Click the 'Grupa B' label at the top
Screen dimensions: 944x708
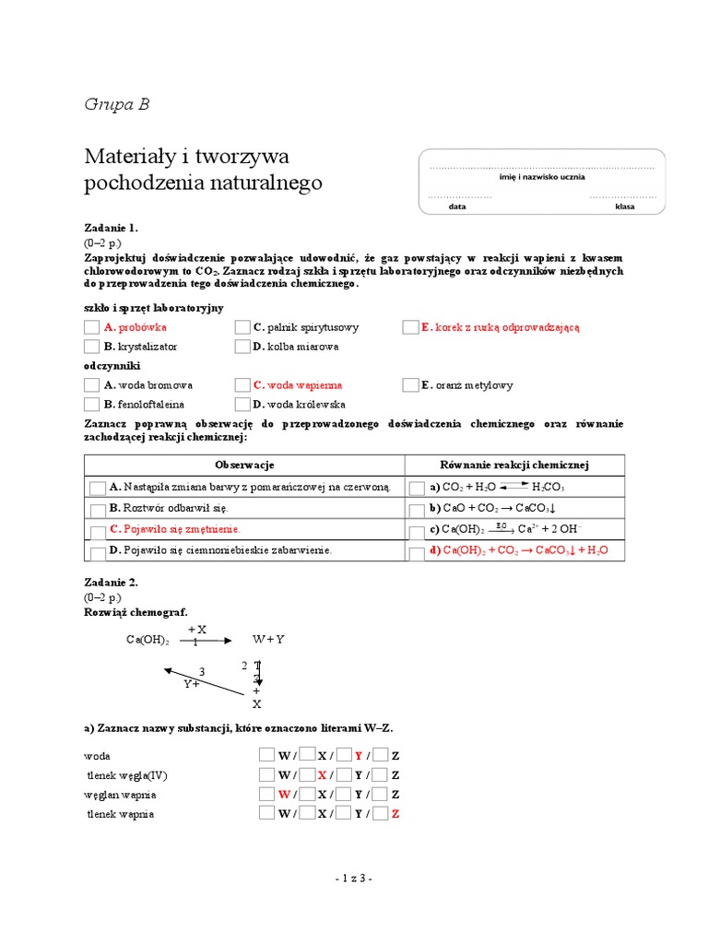click(x=116, y=104)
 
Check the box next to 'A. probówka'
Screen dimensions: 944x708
click(x=91, y=327)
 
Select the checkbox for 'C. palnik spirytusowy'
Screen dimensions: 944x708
click(x=242, y=327)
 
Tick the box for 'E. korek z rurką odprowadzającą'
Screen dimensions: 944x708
click(x=410, y=327)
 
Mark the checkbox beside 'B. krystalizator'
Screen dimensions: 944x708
click(x=91, y=347)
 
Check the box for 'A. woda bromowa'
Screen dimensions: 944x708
click(x=91, y=385)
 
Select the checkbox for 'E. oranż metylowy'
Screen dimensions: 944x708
click(x=410, y=385)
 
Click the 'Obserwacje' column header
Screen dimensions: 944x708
click(x=244, y=465)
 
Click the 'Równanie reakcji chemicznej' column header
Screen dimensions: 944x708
click(x=514, y=465)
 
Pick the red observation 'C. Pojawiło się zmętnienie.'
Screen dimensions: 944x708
click(x=174, y=529)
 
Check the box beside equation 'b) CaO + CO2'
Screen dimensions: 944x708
click(x=417, y=508)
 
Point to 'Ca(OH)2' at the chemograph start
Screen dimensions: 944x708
click(x=147, y=641)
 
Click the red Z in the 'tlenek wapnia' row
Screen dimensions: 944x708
click(x=395, y=814)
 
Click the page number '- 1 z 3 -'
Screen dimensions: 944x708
click(x=353, y=879)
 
